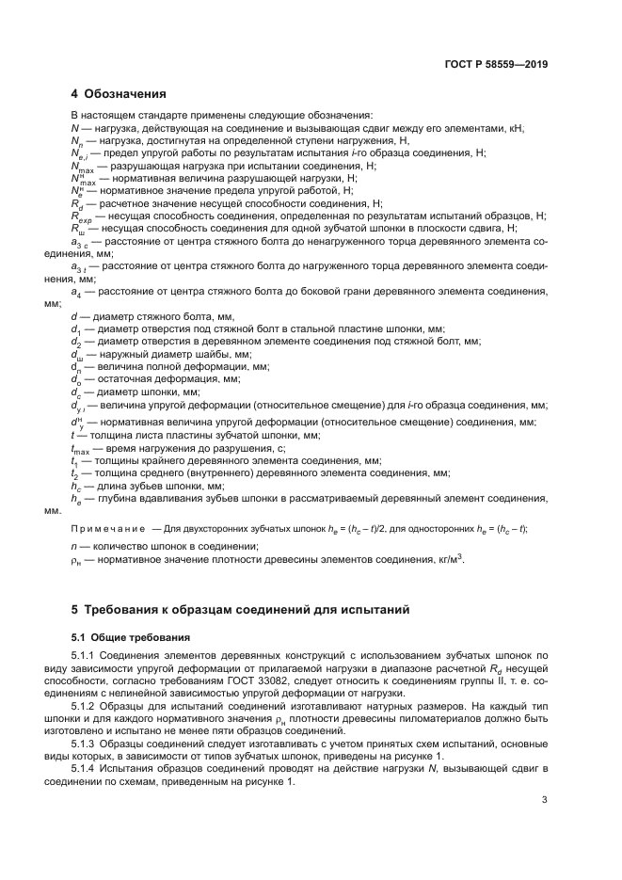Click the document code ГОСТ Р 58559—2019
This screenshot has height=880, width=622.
pos(496,65)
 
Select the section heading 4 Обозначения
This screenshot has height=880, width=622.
pos(119,94)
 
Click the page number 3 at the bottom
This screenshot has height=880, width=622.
pos(545,800)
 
